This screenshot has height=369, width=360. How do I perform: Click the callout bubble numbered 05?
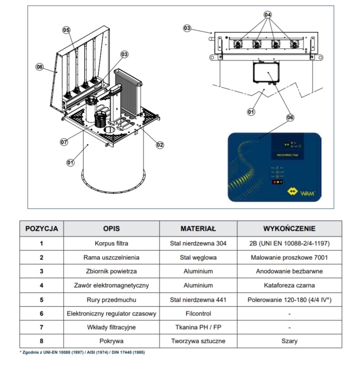click(66, 30)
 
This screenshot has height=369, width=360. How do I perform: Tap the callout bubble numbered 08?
click(40, 67)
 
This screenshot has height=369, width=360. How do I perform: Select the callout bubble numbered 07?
click(64, 142)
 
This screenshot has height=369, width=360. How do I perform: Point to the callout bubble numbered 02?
click(160, 145)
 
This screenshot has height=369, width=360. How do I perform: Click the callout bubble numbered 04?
click(268, 15)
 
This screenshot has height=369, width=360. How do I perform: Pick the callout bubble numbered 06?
click(290, 117)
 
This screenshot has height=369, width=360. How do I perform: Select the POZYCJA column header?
click(41, 229)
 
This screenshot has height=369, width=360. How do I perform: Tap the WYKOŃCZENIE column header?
click(289, 229)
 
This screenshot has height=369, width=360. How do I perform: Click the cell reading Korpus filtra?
click(111, 243)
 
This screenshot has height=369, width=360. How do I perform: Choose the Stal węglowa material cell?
click(198, 258)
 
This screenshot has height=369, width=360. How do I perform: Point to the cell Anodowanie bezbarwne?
click(289, 271)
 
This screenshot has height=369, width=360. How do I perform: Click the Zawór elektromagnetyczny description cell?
click(111, 285)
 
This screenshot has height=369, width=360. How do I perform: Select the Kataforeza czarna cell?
click(289, 285)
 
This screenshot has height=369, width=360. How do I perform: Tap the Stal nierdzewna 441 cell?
click(198, 300)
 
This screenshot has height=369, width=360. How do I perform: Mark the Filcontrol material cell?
click(198, 313)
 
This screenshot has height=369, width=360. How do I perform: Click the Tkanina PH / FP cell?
click(198, 327)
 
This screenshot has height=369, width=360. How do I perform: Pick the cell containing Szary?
click(289, 341)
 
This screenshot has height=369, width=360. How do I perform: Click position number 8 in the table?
click(41, 341)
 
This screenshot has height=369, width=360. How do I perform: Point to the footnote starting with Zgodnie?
click(82, 353)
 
